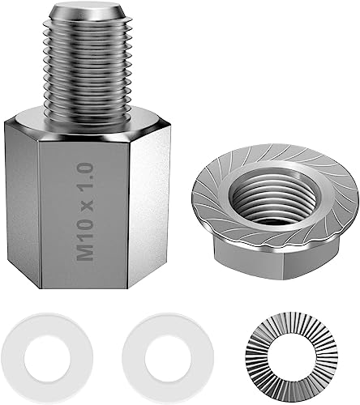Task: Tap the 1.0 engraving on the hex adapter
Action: [85, 177]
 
